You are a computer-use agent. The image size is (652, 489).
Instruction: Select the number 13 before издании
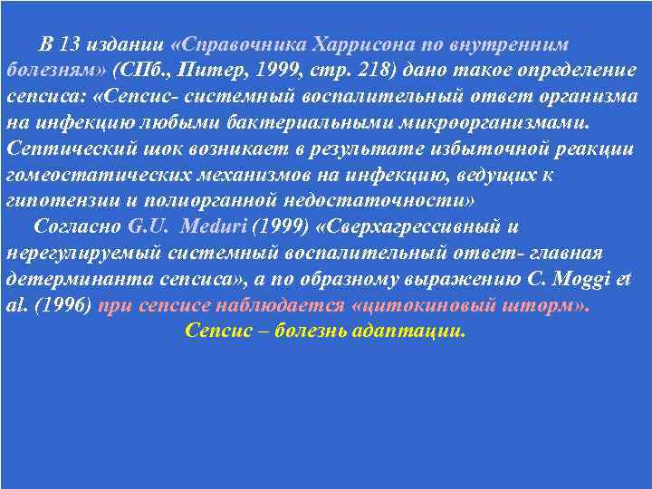69,44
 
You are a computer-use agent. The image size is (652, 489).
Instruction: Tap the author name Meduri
208,226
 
